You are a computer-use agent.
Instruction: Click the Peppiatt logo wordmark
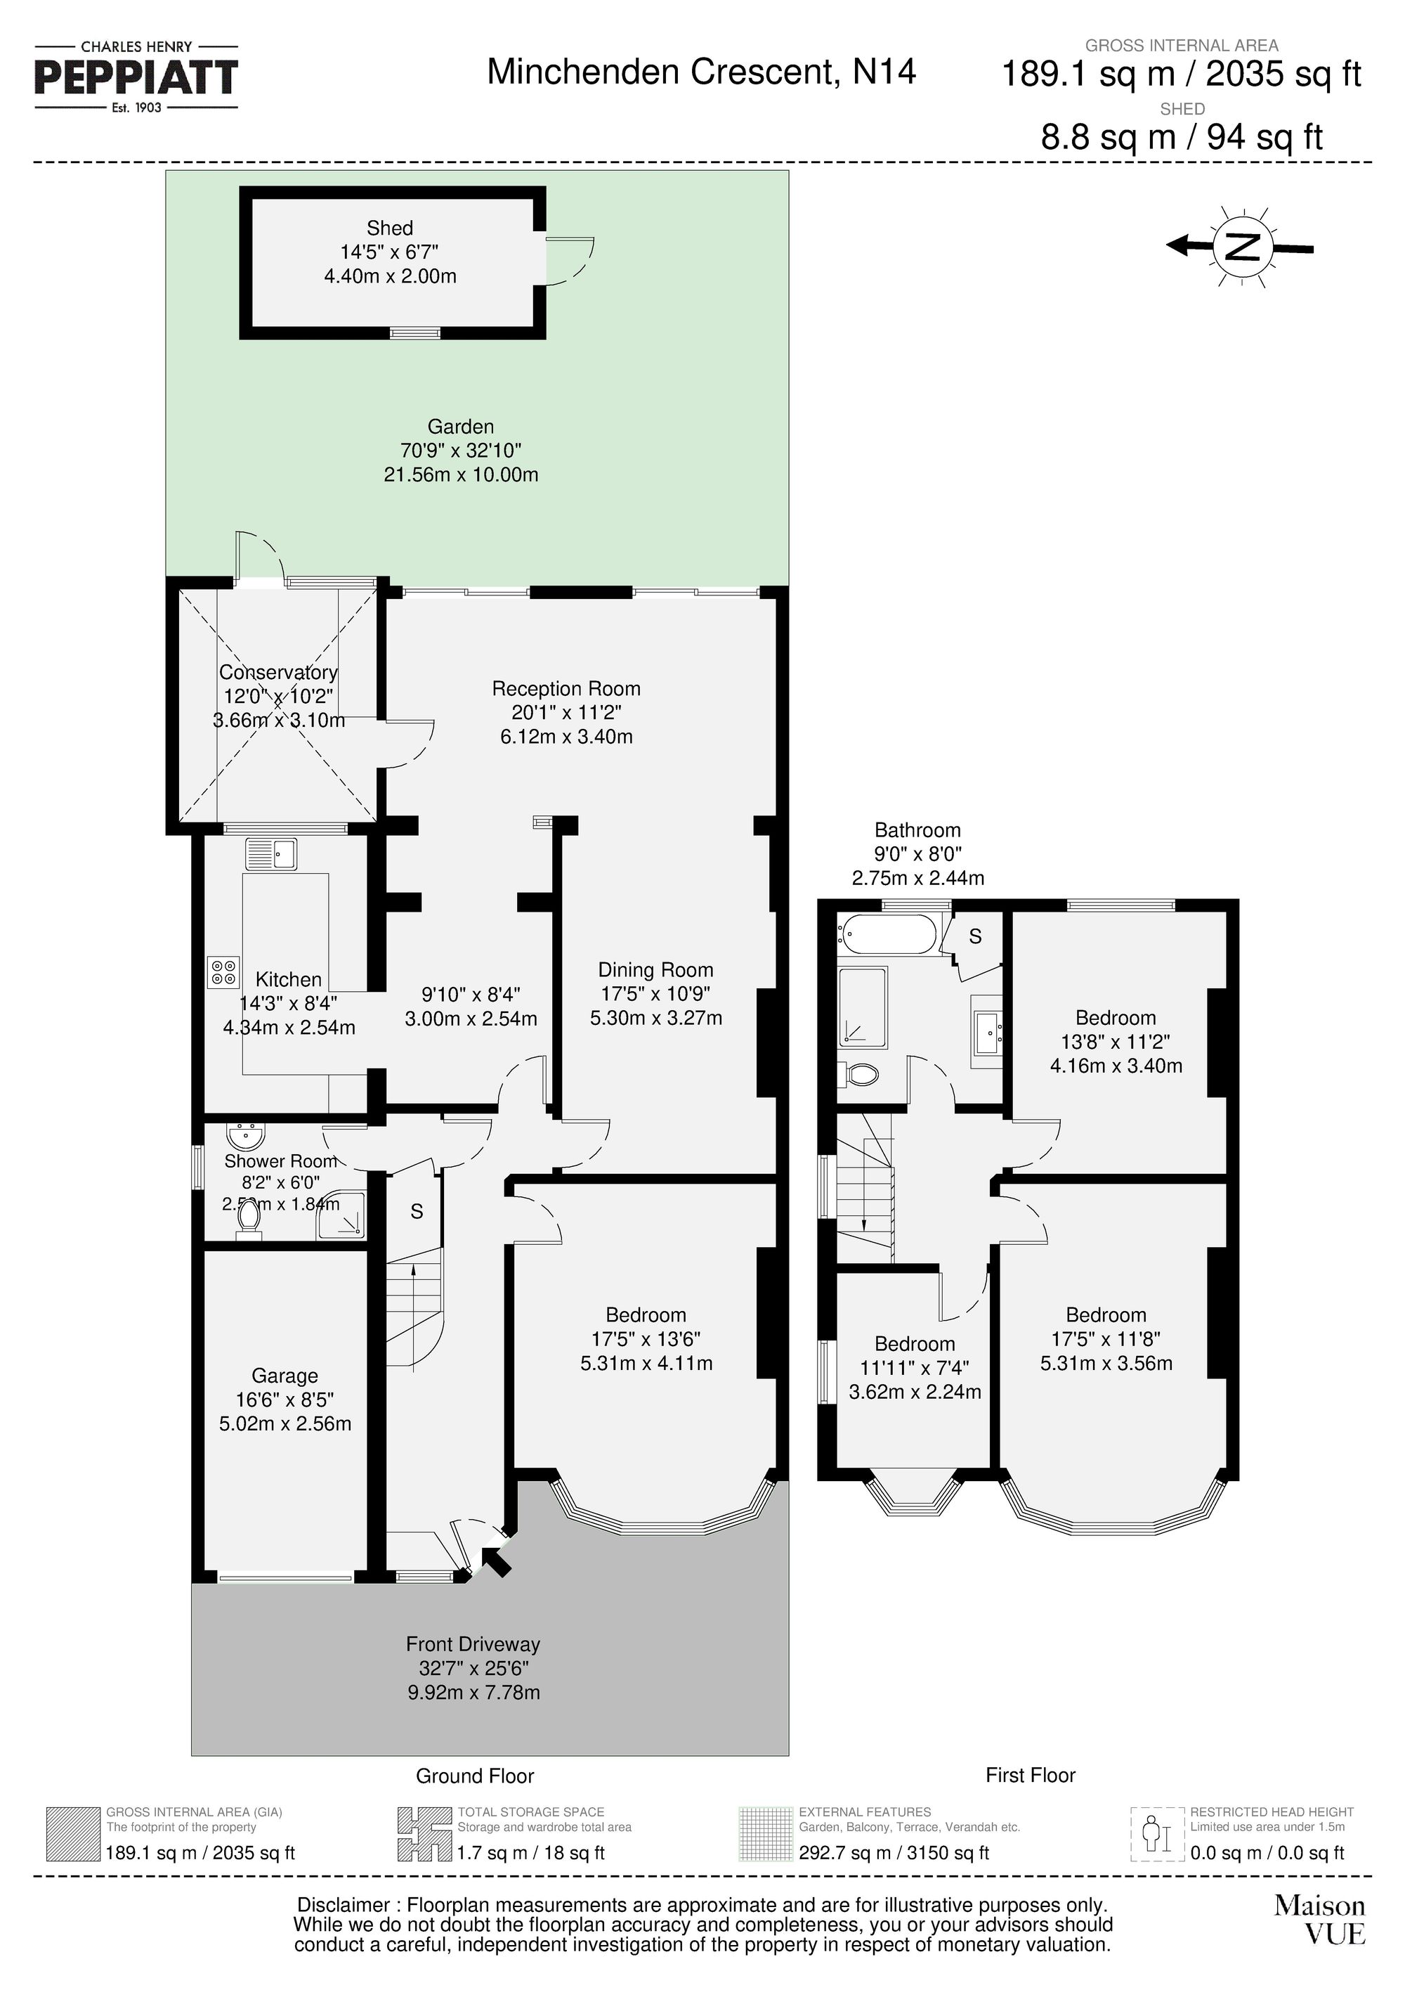[136, 78]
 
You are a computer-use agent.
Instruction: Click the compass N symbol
[1242, 246]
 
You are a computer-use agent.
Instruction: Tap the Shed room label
[390, 228]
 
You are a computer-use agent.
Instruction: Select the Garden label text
[461, 427]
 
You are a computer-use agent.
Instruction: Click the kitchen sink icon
[271, 854]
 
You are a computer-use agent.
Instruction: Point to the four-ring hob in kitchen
[223, 971]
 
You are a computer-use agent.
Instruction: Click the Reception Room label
[566, 689]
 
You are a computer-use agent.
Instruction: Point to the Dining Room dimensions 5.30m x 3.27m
[655, 1019]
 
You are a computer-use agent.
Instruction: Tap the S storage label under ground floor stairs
[417, 1212]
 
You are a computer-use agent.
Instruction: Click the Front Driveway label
[473, 1644]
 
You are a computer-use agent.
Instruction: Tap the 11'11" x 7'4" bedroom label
[914, 1368]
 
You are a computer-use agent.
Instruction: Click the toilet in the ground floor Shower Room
[249, 1220]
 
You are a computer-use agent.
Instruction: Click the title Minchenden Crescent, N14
[701, 72]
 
